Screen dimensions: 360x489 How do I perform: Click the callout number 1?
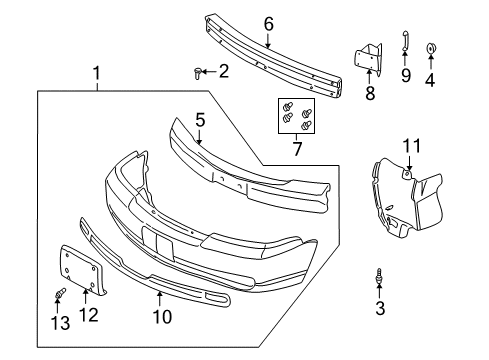pos(97,73)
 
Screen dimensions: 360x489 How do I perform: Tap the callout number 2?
pos(223,71)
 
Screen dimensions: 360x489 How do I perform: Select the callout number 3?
pos(379,309)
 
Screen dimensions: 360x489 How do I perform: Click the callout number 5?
pos(200,120)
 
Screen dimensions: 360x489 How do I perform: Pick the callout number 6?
pos(268,24)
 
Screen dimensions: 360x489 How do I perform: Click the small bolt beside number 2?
pos(197,71)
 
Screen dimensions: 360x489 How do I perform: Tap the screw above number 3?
pos(379,274)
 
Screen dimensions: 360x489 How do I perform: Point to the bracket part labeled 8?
pos(368,58)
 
